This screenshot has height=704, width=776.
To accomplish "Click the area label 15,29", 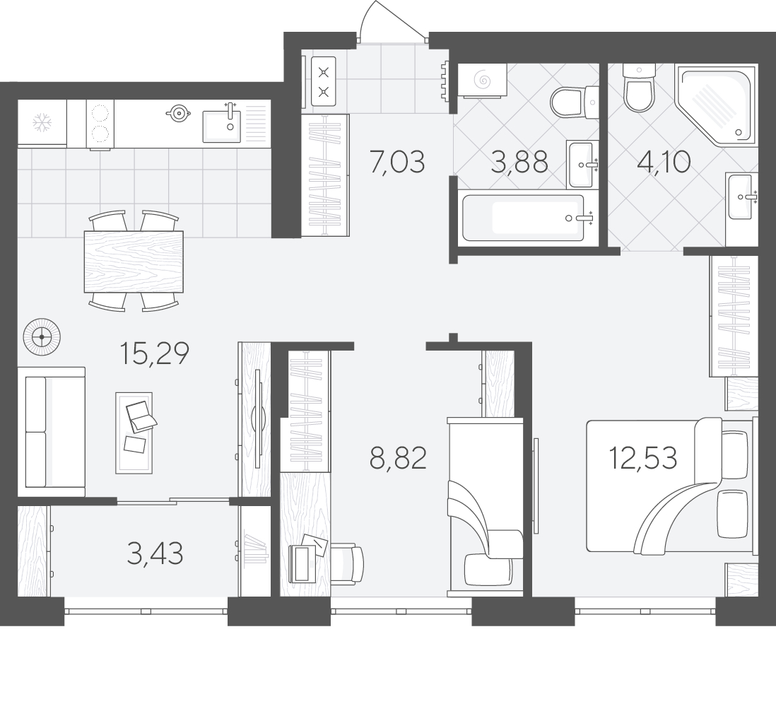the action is pos(154,353).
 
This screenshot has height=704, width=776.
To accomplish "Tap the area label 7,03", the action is pos(397,162).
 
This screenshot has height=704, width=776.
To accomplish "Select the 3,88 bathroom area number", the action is pos(519,162).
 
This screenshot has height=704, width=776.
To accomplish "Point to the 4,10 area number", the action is pos(664,162).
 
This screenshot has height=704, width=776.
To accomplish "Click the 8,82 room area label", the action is pos(398,458).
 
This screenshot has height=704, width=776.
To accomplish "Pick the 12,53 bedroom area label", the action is pos(643,458).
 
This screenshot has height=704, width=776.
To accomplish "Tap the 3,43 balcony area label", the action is pos(155,553).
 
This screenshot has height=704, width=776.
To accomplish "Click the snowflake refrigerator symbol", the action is pos(42,123).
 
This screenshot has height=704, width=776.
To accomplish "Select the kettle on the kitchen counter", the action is pos(178,113).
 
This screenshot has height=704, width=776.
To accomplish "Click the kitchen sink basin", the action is pos(222,127).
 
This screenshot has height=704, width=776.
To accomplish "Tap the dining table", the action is pos(134,262).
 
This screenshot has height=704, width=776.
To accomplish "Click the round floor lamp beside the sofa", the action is pos(42,337).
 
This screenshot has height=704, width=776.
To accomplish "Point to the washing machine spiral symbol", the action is pos(481,80).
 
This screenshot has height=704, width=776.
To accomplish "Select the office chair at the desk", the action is pos(347,563).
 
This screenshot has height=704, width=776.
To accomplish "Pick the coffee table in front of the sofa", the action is pos(134,433).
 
